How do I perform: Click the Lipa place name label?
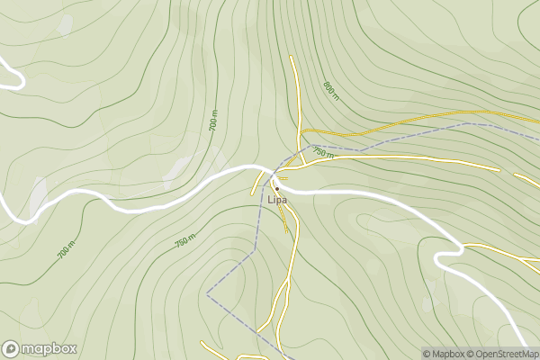tap(276, 199)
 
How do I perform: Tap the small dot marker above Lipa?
tap(277, 187)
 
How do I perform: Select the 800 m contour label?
tap(330, 91)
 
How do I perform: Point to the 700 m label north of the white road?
tap(213, 123)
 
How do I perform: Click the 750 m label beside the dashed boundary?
tap(323, 154)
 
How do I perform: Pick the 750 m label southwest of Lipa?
tap(185, 242)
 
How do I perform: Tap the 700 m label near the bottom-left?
tap(67, 251)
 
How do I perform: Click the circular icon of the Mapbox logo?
tap(11, 348)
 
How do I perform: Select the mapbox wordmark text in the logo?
tap(49, 349)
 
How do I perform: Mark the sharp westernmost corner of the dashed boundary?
tap(207, 293)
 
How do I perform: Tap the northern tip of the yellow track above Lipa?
tap(291, 58)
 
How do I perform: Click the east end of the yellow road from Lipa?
tap(498, 168)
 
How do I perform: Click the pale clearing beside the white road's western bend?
tap(39, 197)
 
